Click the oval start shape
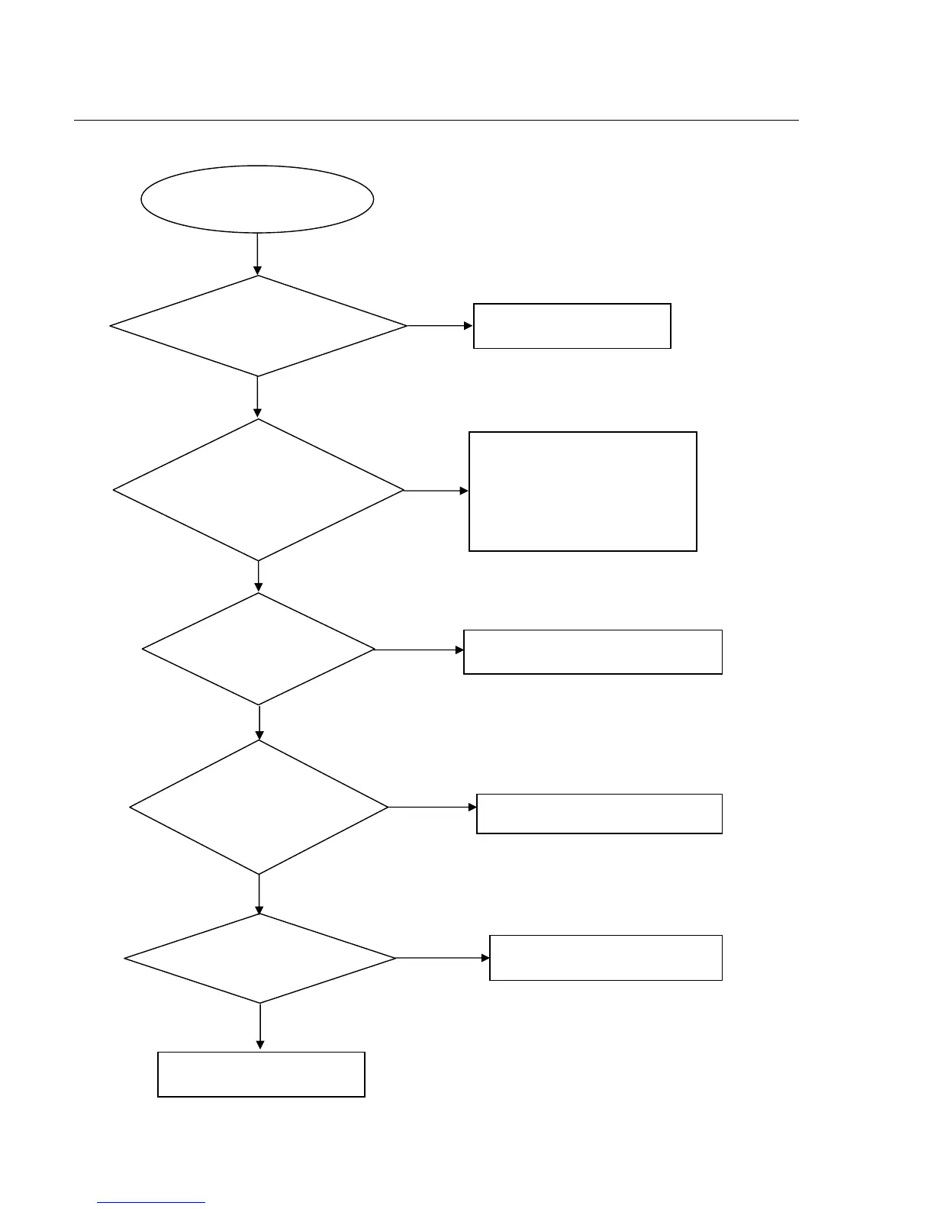tap(257, 198)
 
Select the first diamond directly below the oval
tap(258, 326)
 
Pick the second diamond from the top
tap(258, 490)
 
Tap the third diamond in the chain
tap(259, 650)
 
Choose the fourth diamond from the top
tap(259, 807)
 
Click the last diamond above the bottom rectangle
tap(259, 958)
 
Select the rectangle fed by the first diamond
tap(572, 326)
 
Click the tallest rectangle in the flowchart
tap(582, 491)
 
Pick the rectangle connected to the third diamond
tap(592, 652)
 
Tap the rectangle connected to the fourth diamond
tap(599, 814)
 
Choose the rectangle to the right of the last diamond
tap(605, 958)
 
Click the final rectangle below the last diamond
tap(261, 1075)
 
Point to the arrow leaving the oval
tap(257, 253)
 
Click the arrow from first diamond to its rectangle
tap(440, 326)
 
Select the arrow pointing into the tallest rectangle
tap(436, 491)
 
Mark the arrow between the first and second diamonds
tap(257, 397)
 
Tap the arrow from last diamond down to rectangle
tap(260, 1027)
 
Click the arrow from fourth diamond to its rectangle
tap(432, 807)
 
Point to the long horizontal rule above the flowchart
tap(436, 120)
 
